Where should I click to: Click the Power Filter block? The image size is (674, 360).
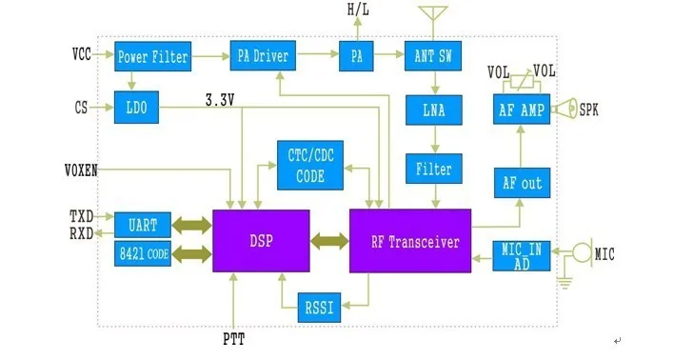click(152, 56)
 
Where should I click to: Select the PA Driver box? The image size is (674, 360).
click(263, 55)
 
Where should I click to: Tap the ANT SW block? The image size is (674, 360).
click(433, 56)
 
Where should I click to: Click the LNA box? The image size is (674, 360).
click(434, 110)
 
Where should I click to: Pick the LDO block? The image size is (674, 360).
click(136, 107)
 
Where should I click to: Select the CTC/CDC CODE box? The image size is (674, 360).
click(310, 165)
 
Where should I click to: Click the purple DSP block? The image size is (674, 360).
click(261, 241)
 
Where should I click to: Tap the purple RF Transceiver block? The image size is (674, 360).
click(410, 241)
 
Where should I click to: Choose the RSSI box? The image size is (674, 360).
click(319, 308)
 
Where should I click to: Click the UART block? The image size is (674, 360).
click(143, 225)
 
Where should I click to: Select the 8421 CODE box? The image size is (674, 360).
click(143, 253)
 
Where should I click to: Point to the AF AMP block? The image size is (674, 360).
click(522, 110)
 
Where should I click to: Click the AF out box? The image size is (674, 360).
click(522, 183)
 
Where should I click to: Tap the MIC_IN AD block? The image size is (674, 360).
click(522, 256)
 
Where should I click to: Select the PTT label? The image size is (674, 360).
click(233, 339)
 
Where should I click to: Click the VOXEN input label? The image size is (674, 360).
click(81, 170)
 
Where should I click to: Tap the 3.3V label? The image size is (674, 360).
click(220, 100)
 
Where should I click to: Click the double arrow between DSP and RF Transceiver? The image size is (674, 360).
click(329, 241)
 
